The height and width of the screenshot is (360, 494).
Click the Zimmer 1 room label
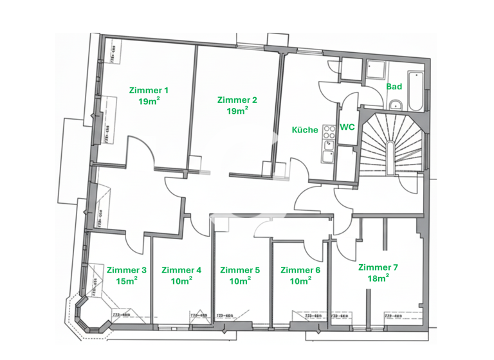pos(149,90)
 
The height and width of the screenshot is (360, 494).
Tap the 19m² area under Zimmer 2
pos(237,111)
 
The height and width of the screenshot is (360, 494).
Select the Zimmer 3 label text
pos(127,270)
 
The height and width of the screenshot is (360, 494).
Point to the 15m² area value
pos(127,281)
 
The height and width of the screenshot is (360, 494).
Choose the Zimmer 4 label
pos(181,270)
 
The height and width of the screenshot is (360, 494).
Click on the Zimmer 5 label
pos(240,270)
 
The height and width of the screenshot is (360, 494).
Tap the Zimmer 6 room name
pos(300,270)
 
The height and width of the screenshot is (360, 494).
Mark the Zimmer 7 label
pos(378,267)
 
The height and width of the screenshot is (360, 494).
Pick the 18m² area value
pos(378,278)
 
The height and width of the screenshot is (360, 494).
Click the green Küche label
pos(305,130)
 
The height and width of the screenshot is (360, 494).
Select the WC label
pos(347,127)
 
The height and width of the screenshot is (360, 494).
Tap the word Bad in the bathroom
pos(394,86)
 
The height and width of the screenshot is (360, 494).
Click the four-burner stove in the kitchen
pos(329,132)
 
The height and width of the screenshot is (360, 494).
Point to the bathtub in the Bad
pos(416,91)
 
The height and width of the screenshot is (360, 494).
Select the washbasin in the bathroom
pos(395,105)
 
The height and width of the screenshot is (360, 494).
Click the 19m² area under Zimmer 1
pos(149,101)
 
